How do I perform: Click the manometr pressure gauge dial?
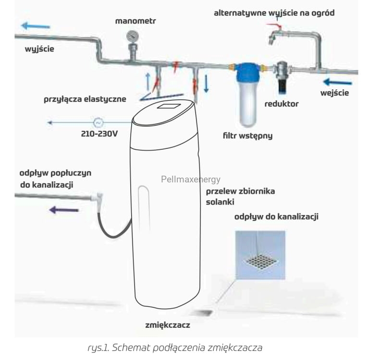click(x=133, y=36)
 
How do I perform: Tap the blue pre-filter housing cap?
click(x=247, y=72)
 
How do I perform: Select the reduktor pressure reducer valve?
click(x=282, y=76)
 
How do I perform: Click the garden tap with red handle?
click(x=276, y=34)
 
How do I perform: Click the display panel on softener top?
click(x=169, y=106)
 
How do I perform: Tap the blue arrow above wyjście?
click(x=36, y=26)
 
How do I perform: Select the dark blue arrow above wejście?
click(x=337, y=82)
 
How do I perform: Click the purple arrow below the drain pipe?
click(x=64, y=210)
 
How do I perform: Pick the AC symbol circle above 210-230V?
click(x=98, y=123)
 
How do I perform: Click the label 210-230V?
click(x=99, y=134)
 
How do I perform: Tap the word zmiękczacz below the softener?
click(x=168, y=325)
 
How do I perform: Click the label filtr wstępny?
click(x=247, y=136)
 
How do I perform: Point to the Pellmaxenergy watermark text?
click(x=191, y=180)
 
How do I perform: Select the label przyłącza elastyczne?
click(x=85, y=99)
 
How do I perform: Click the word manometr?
click(x=135, y=21)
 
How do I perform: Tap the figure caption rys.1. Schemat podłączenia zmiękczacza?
click(x=175, y=348)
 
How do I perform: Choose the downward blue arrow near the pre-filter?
click(x=206, y=84)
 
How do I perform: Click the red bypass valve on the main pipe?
click(x=176, y=67)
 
